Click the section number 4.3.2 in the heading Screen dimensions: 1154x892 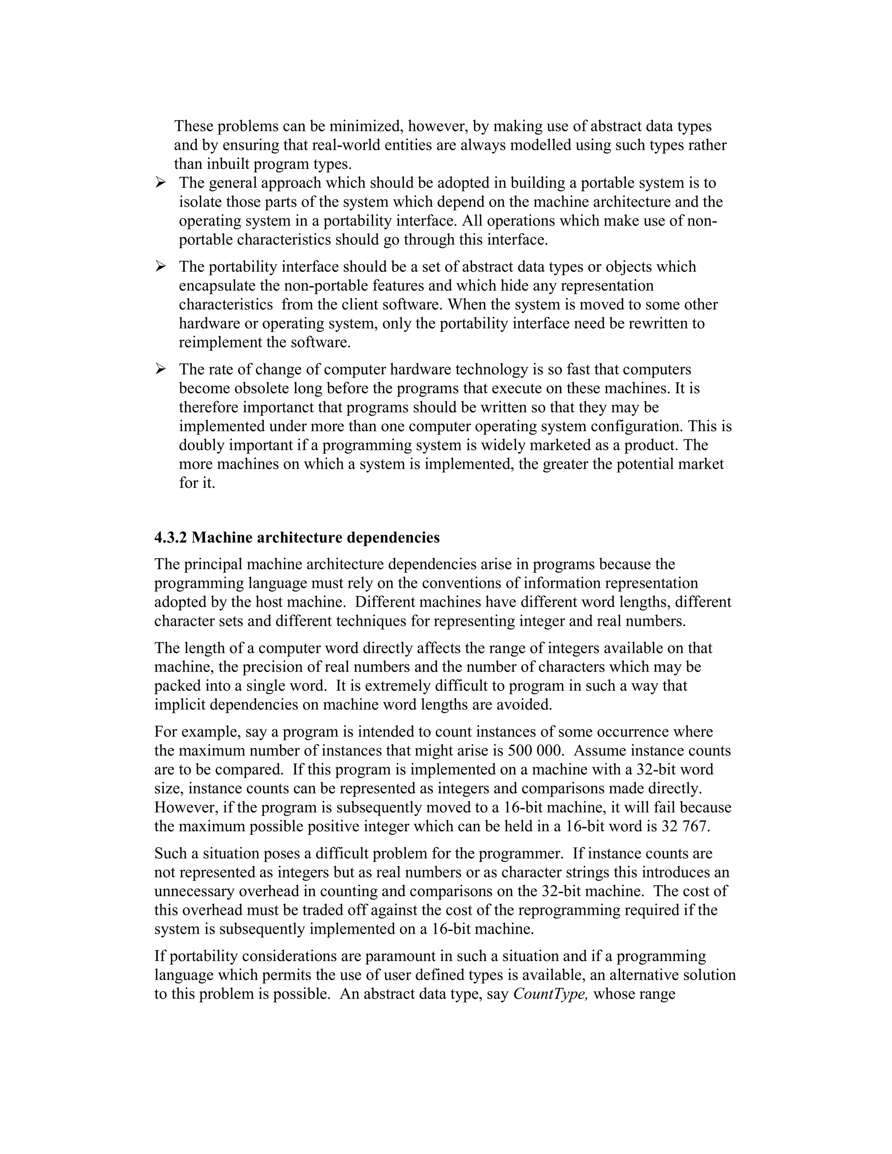pos(170,538)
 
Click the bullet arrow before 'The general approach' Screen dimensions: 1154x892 pos(160,183)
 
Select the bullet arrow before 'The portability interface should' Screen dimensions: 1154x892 pos(160,267)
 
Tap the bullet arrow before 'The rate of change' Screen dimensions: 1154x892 pos(160,369)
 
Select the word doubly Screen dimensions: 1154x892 pos(201,445)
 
